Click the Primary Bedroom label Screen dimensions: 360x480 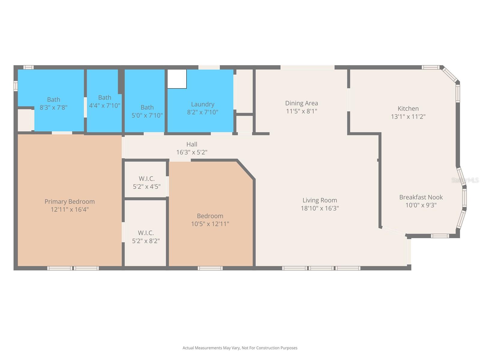pyautogui.click(x=70, y=202)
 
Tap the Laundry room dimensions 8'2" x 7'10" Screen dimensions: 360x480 pyautogui.click(x=202, y=112)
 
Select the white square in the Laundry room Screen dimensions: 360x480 pyautogui.click(x=177, y=79)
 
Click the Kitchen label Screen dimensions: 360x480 pyautogui.click(x=408, y=109)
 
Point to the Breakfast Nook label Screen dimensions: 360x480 pyautogui.click(x=421, y=197)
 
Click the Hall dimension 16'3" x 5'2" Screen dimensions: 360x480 pyautogui.click(x=192, y=152)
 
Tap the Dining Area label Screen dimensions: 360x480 pyautogui.click(x=301, y=103)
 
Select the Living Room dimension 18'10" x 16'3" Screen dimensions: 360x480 pyautogui.click(x=320, y=208)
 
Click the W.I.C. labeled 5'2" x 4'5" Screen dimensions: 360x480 pyautogui.click(x=146, y=182)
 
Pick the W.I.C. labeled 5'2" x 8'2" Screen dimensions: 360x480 pyautogui.click(x=146, y=237)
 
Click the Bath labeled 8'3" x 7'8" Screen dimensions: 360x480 pyautogui.click(x=53, y=103)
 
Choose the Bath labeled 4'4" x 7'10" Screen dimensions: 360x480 pyautogui.click(x=104, y=101)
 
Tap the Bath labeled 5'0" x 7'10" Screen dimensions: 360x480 pyautogui.click(x=147, y=111)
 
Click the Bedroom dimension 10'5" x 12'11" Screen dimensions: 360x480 pyautogui.click(x=210, y=224)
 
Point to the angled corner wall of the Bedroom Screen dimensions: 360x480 pyautogui.click(x=246, y=170)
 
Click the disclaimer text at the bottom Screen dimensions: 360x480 pyautogui.click(x=240, y=348)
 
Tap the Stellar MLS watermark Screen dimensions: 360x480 pyautogui.click(x=465, y=180)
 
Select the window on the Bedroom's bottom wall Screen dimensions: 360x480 pyautogui.click(x=210, y=268)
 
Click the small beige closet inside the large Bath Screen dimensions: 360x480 pyautogui.click(x=25, y=120)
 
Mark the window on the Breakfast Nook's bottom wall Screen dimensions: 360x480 pyautogui.click(x=440, y=236)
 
